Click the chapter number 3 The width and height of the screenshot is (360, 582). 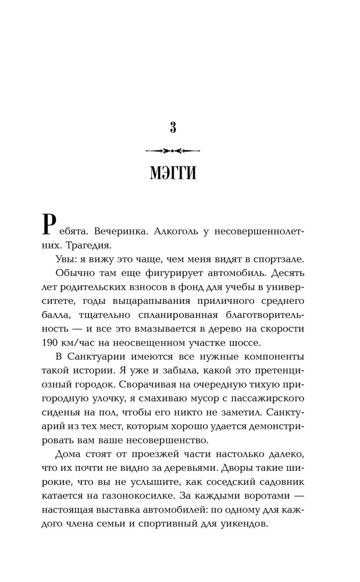point(173,127)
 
